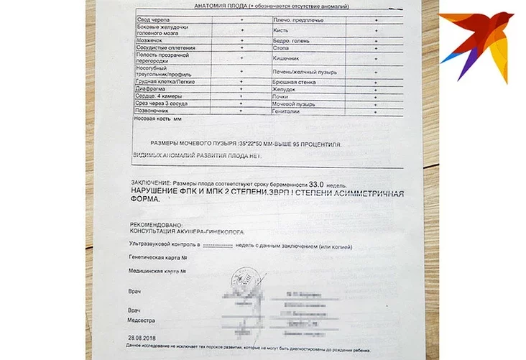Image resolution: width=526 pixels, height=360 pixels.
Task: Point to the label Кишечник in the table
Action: pos(286,57)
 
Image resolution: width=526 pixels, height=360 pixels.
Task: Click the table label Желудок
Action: pos(284,89)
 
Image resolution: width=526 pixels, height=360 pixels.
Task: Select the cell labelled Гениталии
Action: pos(285,112)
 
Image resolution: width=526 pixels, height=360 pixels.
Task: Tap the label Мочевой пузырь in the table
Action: pos(290,104)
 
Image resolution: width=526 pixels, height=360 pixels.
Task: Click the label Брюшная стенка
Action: pos(290,82)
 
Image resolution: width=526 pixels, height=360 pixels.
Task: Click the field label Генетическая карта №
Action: pos(153,257)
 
